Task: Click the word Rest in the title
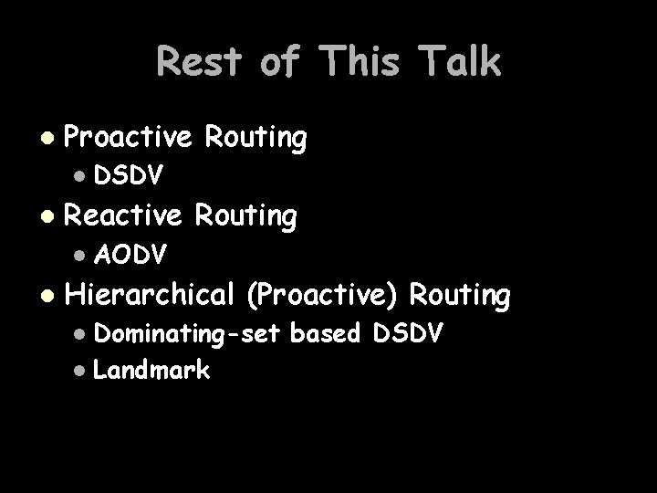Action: (199, 62)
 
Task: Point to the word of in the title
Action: (281, 62)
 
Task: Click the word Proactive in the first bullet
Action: (129, 139)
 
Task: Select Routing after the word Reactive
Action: (246, 216)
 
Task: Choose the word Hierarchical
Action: (151, 295)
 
